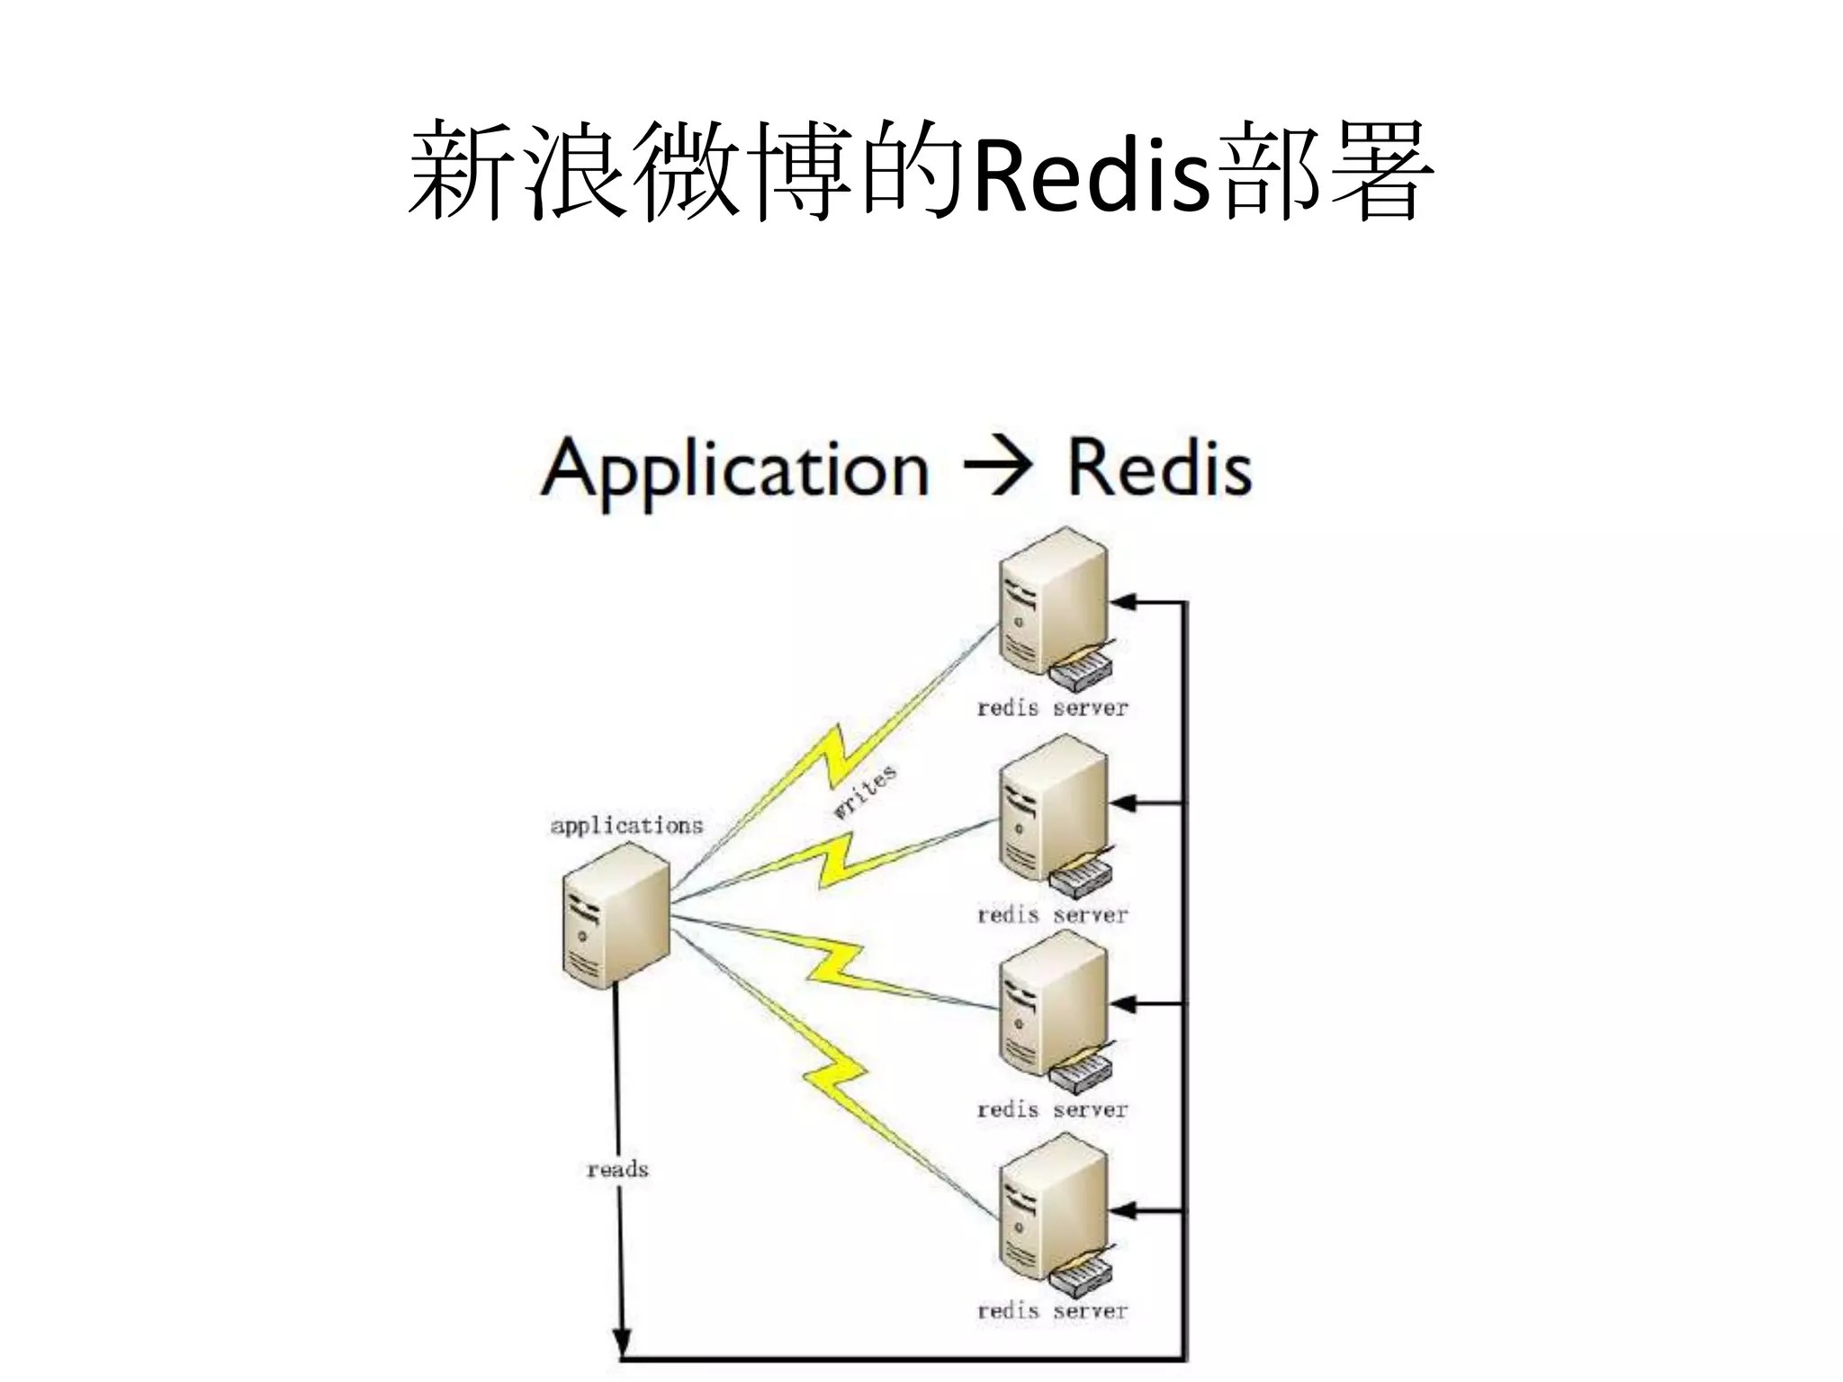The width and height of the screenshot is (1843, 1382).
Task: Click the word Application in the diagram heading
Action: (x=734, y=470)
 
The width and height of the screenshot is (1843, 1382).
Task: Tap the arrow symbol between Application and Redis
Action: (x=996, y=468)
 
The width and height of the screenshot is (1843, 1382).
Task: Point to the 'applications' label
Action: (x=626, y=825)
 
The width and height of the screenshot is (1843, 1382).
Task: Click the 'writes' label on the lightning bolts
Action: (x=864, y=792)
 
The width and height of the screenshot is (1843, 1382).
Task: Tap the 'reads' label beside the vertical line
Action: (x=617, y=1169)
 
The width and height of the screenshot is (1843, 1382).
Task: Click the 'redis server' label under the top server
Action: (x=1052, y=708)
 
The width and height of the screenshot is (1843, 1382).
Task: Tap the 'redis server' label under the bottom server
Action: (x=1052, y=1311)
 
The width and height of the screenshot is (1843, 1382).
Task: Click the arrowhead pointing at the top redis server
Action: (x=1124, y=602)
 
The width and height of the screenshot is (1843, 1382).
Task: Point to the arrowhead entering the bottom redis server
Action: (x=1124, y=1212)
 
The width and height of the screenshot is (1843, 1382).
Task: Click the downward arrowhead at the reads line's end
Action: (x=621, y=1342)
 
